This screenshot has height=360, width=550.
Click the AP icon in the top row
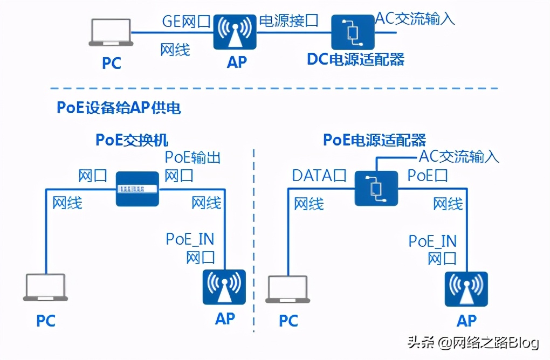(x=236, y=32)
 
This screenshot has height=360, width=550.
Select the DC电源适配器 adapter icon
(x=353, y=32)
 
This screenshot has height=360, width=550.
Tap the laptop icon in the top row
(x=111, y=33)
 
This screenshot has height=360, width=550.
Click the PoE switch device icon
(x=138, y=189)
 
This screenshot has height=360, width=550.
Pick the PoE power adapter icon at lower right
(x=376, y=188)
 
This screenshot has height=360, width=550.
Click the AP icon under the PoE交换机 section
(x=224, y=288)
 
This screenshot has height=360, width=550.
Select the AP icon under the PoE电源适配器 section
(x=466, y=289)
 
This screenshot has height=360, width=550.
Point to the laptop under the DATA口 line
(x=288, y=289)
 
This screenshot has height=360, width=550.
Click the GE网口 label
(x=186, y=21)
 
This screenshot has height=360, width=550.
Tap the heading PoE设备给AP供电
(x=119, y=108)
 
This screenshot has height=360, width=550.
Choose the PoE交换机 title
(x=132, y=140)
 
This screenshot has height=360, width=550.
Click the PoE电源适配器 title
(x=374, y=140)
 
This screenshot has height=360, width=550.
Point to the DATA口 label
(x=319, y=176)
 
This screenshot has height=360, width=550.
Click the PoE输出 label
(x=192, y=157)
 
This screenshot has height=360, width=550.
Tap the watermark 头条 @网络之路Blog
(x=472, y=342)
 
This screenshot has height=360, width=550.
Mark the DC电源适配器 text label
(x=355, y=59)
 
